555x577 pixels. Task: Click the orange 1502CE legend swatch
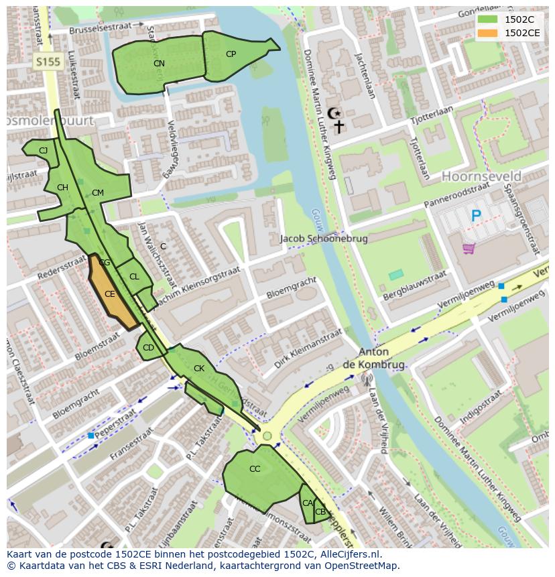pos(488,33)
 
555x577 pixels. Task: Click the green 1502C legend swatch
pos(488,19)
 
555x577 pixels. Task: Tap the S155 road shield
pos(48,62)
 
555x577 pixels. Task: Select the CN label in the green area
pos(159,64)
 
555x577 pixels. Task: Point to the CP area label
pos(231,54)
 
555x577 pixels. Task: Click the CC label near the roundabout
pos(255,469)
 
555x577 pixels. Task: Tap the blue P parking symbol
pos(476,216)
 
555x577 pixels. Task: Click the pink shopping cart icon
pos(469,249)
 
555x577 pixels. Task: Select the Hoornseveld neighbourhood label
pos(481,176)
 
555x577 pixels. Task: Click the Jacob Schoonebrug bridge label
pos(324,239)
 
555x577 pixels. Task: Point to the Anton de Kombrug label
pos(382,359)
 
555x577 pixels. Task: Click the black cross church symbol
pos(339,127)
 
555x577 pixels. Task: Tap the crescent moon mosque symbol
pos(333,113)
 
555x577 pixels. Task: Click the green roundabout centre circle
pos(267,436)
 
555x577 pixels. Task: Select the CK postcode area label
pos(199,369)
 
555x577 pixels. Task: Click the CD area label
pos(148,348)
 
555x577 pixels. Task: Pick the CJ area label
pos(43,151)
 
